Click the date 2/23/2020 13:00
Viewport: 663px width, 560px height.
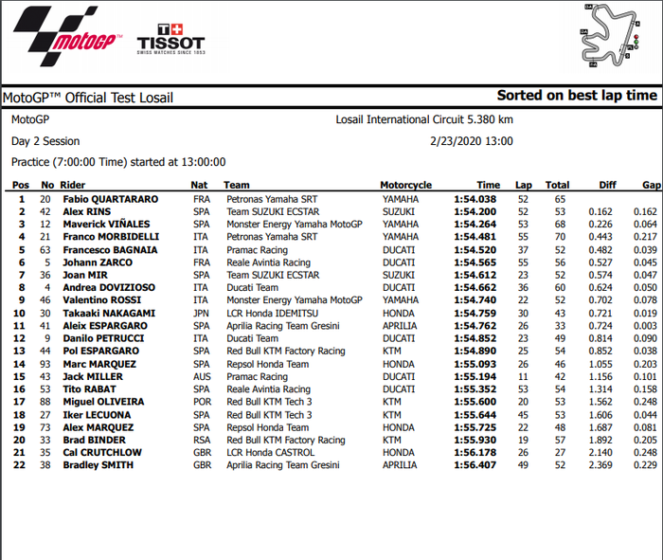tap(471, 141)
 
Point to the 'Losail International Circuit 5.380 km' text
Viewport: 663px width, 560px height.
tap(424, 120)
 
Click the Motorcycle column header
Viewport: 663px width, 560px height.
tap(406, 186)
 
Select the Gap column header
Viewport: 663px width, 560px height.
tap(651, 186)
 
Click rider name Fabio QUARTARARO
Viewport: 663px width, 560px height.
tap(111, 199)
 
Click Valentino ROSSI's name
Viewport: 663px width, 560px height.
tap(102, 300)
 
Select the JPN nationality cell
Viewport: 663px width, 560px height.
tap(201, 313)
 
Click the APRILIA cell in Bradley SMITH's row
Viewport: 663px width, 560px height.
tap(400, 465)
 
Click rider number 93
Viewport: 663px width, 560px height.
tap(45, 364)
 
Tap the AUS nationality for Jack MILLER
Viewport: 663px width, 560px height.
tap(201, 376)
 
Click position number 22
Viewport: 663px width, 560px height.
tap(21, 465)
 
